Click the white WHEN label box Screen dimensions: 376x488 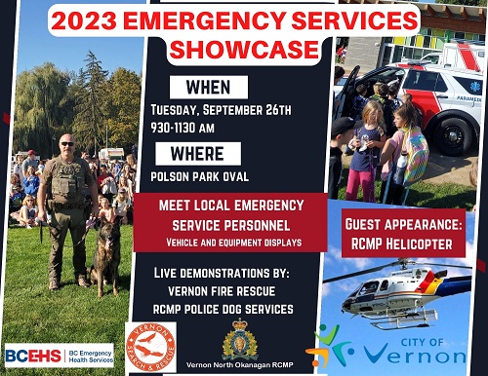[208, 87]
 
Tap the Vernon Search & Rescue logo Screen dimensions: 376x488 [151, 346]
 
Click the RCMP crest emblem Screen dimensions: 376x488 [240, 340]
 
